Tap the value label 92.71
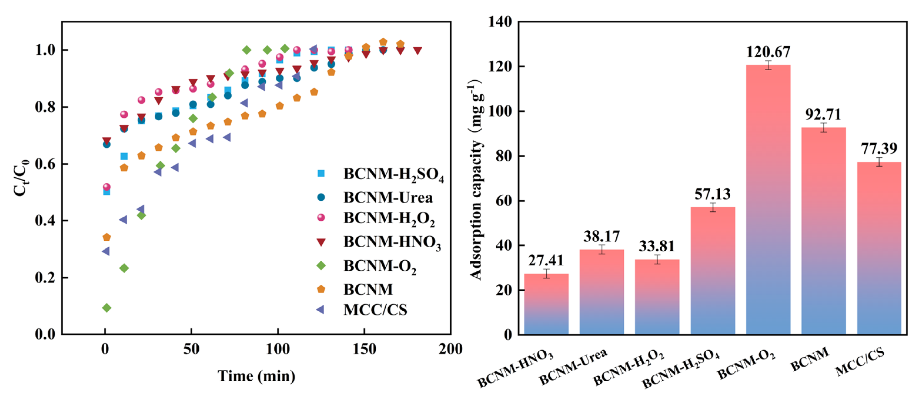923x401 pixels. coord(823,115)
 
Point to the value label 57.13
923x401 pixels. coord(712,194)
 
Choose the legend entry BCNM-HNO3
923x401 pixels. coord(392,242)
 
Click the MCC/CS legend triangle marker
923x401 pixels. coord(320,309)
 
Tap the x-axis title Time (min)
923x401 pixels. coord(256,376)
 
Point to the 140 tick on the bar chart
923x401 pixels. coord(500,22)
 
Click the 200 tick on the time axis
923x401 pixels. coord(450,348)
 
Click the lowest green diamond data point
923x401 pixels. coord(107,308)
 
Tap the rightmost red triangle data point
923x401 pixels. coord(417,51)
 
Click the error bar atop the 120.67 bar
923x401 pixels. coord(768,65)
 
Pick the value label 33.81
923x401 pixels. coord(657,246)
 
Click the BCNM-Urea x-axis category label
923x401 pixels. coord(573,367)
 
